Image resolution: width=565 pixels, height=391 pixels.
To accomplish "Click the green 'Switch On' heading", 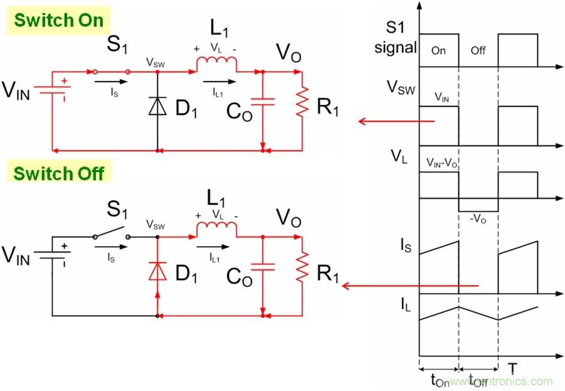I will (58, 19).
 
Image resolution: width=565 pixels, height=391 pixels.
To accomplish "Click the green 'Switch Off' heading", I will (59, 173).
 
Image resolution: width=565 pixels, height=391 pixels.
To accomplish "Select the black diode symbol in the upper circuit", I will (157, 106).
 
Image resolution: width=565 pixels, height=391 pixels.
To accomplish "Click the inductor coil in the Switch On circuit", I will (216, 65).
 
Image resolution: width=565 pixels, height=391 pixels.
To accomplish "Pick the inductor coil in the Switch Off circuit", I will (216, 232).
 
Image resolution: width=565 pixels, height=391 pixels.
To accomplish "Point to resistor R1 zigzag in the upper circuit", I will (303, 104).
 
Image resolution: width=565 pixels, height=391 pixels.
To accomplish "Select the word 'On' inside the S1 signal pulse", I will (439, 51).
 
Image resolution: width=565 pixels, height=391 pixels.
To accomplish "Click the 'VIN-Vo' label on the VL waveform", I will (441, 162).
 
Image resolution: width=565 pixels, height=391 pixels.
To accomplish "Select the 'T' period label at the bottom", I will (512, 368).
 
